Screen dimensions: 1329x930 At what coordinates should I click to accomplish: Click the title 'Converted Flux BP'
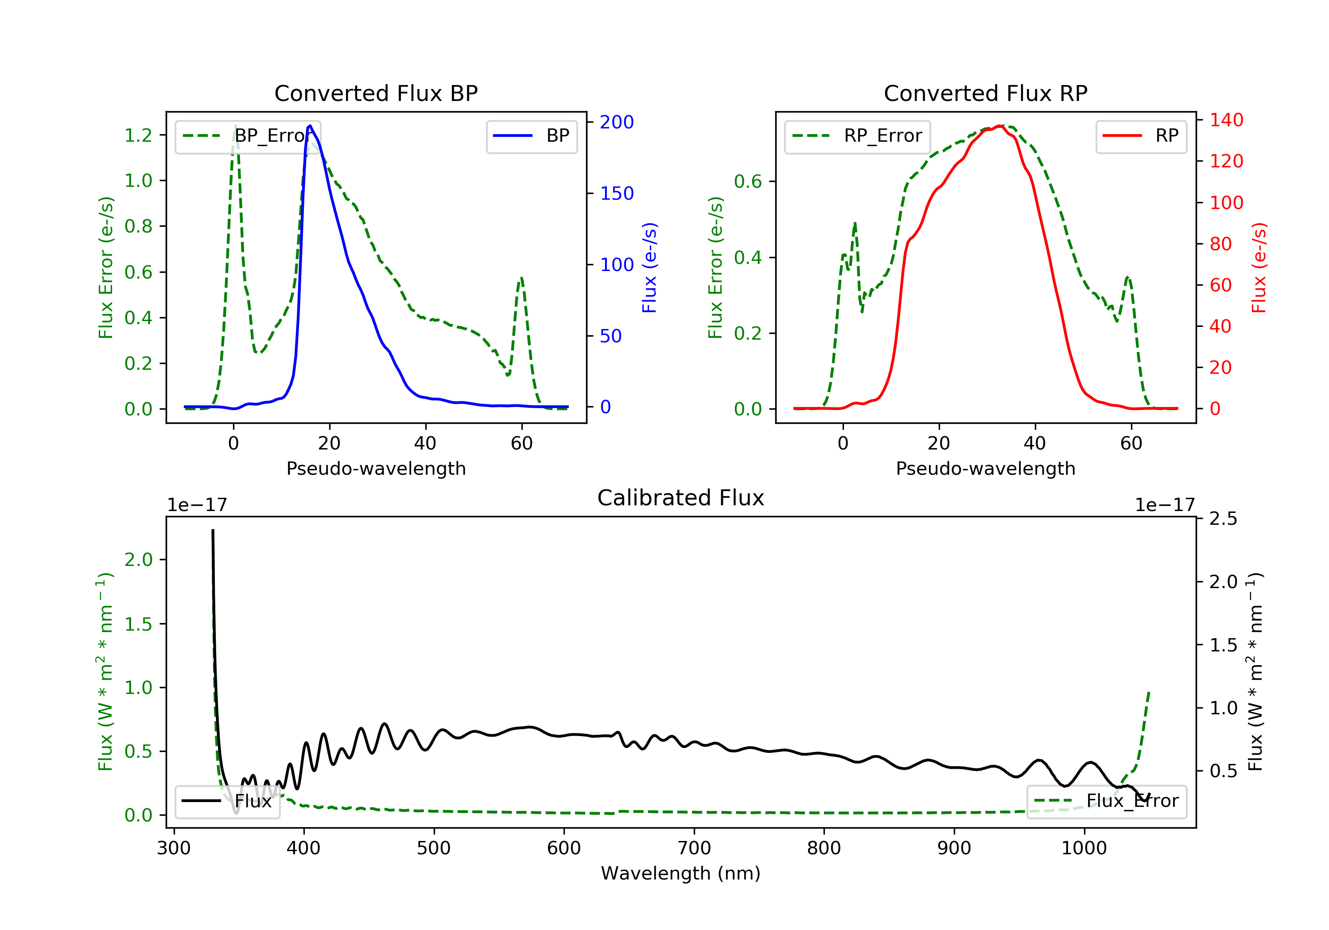[376, 93]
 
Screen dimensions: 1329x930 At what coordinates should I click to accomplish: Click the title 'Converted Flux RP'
[985, 93]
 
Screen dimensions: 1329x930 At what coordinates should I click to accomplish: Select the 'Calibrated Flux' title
[681, 498]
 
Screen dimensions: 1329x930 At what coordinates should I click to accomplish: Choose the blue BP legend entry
[531, 136]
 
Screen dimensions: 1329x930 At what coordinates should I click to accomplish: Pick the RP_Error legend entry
[857, 136]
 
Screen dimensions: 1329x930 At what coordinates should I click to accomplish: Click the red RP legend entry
[1141, 136]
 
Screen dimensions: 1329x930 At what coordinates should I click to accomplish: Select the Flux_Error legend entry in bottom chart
[1106, 801]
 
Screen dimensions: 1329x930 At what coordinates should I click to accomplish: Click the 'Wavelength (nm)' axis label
[681, 873]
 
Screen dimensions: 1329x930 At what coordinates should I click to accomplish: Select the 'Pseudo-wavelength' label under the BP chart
[376, 468]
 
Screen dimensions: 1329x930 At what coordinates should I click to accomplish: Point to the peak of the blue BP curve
[310, 126]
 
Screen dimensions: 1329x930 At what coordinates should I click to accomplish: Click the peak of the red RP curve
[1000, 126]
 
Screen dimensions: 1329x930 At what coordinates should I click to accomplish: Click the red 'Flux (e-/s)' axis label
[1259, 268]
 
